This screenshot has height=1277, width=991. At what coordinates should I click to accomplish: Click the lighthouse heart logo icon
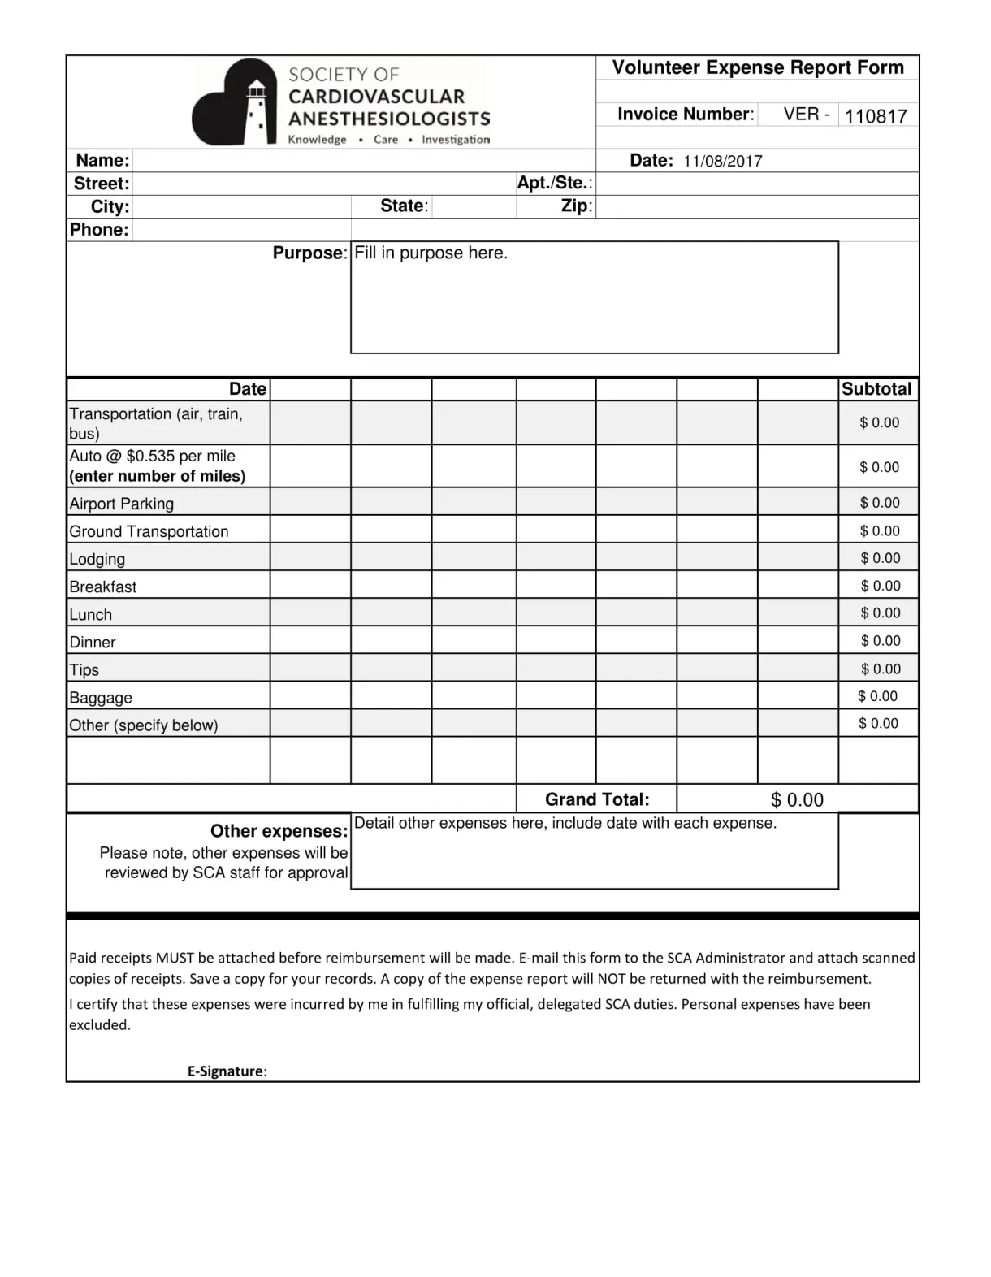pos(235,103)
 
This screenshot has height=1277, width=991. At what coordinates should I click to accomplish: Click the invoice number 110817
pos(875,116)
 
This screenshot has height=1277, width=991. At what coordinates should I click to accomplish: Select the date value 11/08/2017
pos(722,161)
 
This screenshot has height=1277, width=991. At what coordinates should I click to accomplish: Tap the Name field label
pos(102,160)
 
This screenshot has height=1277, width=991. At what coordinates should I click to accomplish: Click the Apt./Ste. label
pos(555,183)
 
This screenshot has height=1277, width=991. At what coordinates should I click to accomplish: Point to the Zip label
pos(576,206)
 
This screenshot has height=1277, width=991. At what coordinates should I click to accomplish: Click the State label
pos(404,206)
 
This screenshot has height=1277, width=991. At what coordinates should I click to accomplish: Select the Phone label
pos(99,230)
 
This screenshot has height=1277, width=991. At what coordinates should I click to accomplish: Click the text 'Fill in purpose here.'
pos(431,253)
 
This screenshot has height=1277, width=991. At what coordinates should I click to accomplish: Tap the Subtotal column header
pos(876,389)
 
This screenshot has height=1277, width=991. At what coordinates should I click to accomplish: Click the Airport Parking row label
pos(122,504)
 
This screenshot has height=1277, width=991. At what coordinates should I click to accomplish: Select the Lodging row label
pos(97,559)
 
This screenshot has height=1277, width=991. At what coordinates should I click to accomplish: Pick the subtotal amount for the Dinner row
pos(880,641)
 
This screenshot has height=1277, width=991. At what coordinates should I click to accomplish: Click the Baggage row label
pos(101,698)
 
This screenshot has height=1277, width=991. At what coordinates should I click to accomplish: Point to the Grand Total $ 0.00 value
pos(796,800)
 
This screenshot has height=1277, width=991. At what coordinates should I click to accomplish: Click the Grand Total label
pos(597,799)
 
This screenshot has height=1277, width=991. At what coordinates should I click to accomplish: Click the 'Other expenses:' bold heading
pos(279,831)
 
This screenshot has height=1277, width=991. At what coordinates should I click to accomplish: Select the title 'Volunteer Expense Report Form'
pos(757,67)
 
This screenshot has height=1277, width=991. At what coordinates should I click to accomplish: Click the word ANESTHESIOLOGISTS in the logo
pos(389,119)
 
